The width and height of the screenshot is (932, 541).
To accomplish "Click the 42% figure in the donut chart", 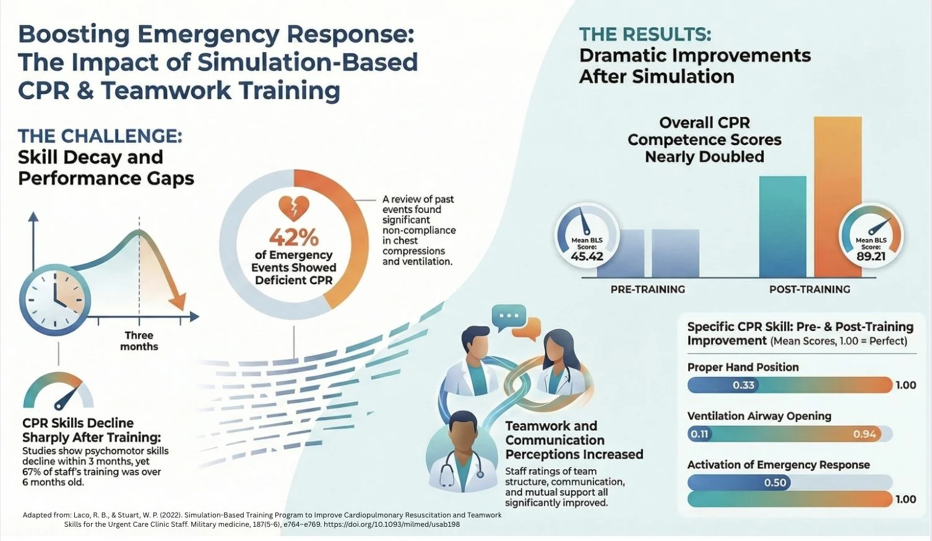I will [293, 236].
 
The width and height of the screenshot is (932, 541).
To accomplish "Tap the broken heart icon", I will [294, 209].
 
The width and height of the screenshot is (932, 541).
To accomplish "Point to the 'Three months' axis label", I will [139, 341].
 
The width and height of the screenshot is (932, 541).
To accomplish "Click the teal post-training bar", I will [782, 227].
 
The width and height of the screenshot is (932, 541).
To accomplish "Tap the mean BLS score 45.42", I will [587, 256].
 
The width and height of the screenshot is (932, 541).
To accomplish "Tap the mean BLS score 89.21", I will [871, 256].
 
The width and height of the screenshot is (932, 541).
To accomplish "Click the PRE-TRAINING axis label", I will [647, 289].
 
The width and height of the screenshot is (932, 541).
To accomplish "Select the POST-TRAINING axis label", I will [809, 289].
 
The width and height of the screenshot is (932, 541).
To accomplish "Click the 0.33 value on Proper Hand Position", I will [743, 385].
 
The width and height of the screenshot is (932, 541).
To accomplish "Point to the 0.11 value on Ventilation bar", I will [699, 434].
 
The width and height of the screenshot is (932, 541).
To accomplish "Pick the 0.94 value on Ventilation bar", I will [865, 434].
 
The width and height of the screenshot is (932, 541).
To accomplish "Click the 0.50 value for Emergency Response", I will [775, 482].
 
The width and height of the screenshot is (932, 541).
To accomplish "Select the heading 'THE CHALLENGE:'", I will [100, 136].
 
